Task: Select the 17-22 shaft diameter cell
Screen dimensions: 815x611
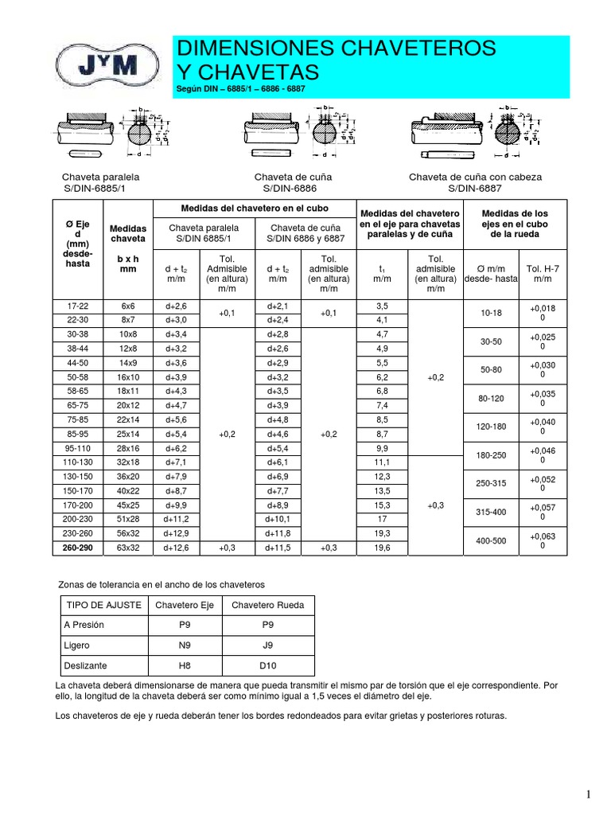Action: pyautogui.click(x=79, y=306)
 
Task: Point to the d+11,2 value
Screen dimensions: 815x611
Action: pyautogui.click(x=177, y=518)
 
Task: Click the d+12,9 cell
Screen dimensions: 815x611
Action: pyautogui.click(x=177, y=532)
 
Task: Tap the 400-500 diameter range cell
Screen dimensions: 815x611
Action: pyautogui.click(x=490, y=542)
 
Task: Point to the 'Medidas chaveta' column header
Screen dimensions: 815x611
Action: pyautogui.click(x=128, y=233)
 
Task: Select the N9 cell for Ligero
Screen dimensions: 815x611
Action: pyautogui.click(x=185, y=645)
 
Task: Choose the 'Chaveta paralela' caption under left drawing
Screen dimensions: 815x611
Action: pyautogui.click(x=95, y=177)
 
